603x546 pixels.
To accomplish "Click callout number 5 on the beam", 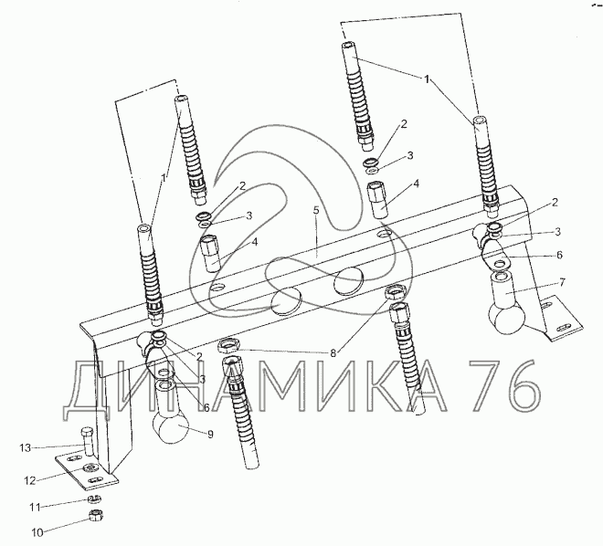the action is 316,211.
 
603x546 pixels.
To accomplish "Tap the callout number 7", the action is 562,282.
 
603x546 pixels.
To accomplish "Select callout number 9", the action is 210,435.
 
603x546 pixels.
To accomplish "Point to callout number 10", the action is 37,532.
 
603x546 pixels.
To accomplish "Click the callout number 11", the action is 35,508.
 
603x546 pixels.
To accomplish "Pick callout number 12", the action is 30,480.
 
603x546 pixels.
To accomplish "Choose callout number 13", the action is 26,448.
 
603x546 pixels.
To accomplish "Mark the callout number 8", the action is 333,352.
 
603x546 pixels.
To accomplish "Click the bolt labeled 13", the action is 88,442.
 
